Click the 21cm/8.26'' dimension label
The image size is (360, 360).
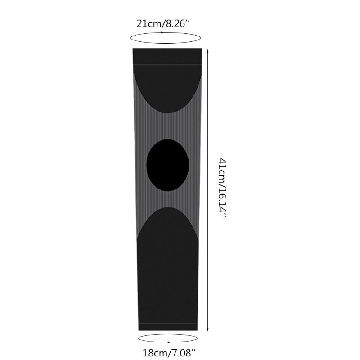163,24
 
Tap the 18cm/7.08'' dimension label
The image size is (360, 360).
170,353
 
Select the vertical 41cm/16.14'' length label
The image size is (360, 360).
222,188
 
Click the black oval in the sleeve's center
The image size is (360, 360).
167,165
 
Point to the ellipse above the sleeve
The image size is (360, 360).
166,43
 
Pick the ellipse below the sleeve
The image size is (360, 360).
168,334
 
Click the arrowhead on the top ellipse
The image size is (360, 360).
162,32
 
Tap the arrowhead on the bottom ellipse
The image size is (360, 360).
169,342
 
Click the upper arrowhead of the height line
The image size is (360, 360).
207,51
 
